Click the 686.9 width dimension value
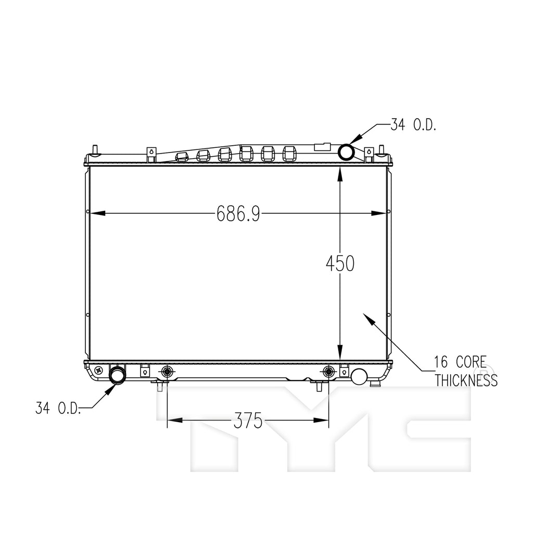coord(238,213)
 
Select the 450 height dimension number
coord(340,263)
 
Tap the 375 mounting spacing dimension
coord(248,421)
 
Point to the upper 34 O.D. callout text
coord(413,125)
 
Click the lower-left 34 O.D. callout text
coord(58,408)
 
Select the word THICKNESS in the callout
coord(466,380)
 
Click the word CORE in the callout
coord(471,362)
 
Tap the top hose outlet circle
coord(346,153)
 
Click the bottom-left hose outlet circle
coord(117,375)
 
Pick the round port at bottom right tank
coord(359,377)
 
